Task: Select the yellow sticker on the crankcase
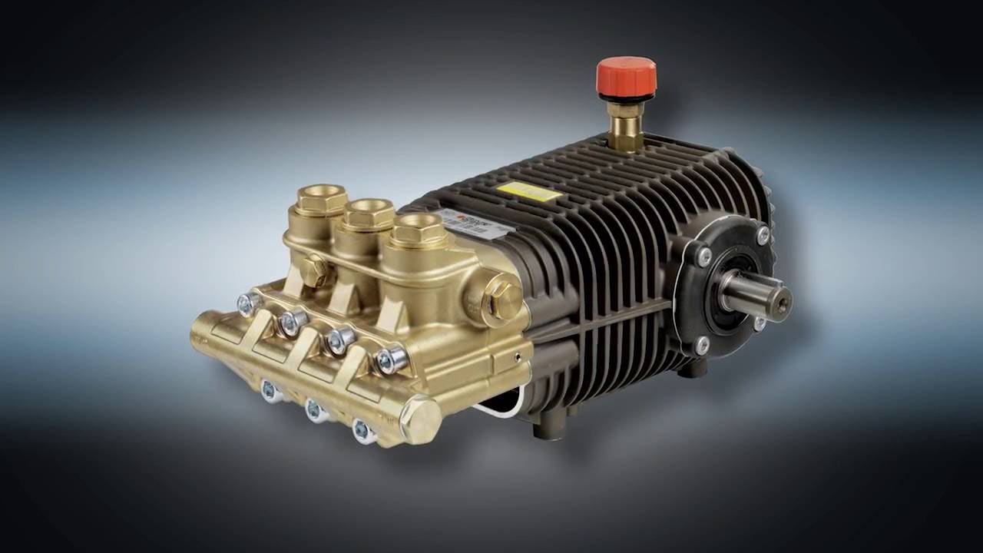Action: pos(528,191)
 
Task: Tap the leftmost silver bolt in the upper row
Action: pos(247,304)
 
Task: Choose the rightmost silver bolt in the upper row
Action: pos(390,359)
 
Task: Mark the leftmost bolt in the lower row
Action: pos(270,391)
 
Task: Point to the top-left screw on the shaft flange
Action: pos(703,257)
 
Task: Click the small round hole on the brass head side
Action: pos(519,356)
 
